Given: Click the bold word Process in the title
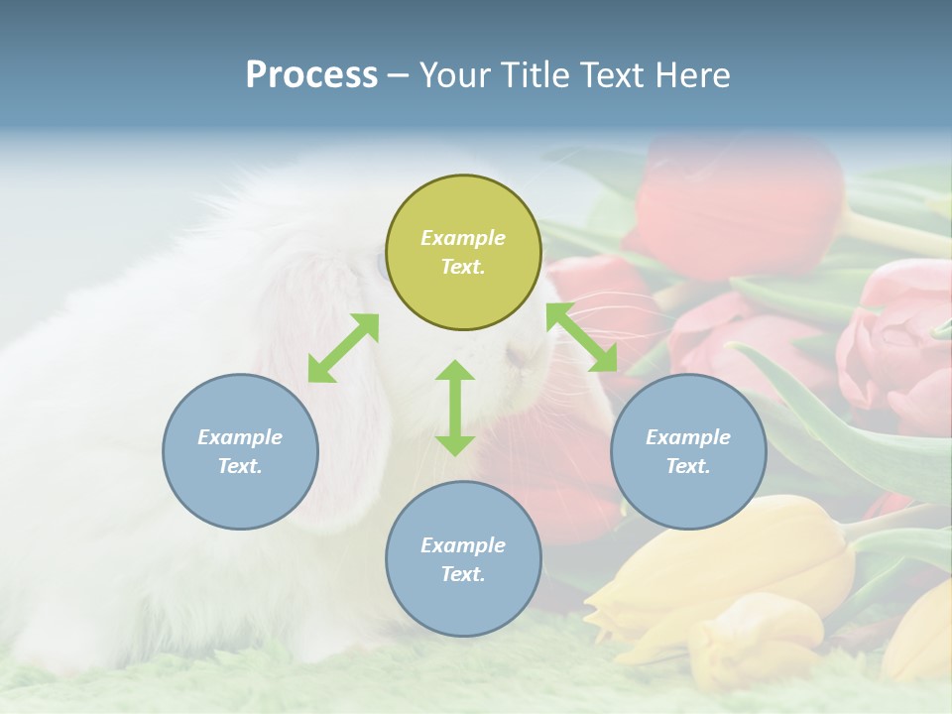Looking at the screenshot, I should coord(311,75).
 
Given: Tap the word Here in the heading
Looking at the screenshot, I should coord(691,75).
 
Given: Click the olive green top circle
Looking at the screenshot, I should coord(463,253).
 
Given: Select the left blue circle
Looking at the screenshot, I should coord(240,451).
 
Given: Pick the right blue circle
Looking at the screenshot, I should coord(688,451).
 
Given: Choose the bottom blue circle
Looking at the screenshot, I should coord(463,559).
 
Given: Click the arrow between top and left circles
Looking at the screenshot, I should coord(343,348).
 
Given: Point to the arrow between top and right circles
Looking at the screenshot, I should coord(582,337).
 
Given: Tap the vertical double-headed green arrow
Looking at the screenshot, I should coord(455,408).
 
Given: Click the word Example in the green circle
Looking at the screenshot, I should coord(463,238).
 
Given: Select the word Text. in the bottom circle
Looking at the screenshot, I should coord(463,574).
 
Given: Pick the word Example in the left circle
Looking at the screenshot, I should coord(240,437).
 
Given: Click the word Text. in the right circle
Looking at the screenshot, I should coord(688,466).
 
